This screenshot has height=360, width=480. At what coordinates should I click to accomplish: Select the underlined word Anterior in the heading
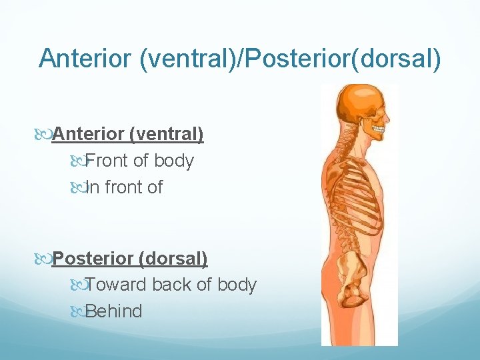point(89,135)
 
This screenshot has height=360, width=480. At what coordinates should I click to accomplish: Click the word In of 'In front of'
point(92,187)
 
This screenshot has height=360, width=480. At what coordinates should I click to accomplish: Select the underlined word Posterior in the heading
point(92,258)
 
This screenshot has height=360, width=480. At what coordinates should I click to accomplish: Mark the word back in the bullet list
point(170,285)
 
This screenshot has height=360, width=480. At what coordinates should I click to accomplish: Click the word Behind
point(114,311)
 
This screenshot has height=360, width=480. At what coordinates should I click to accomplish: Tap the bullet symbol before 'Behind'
point(77,311)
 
